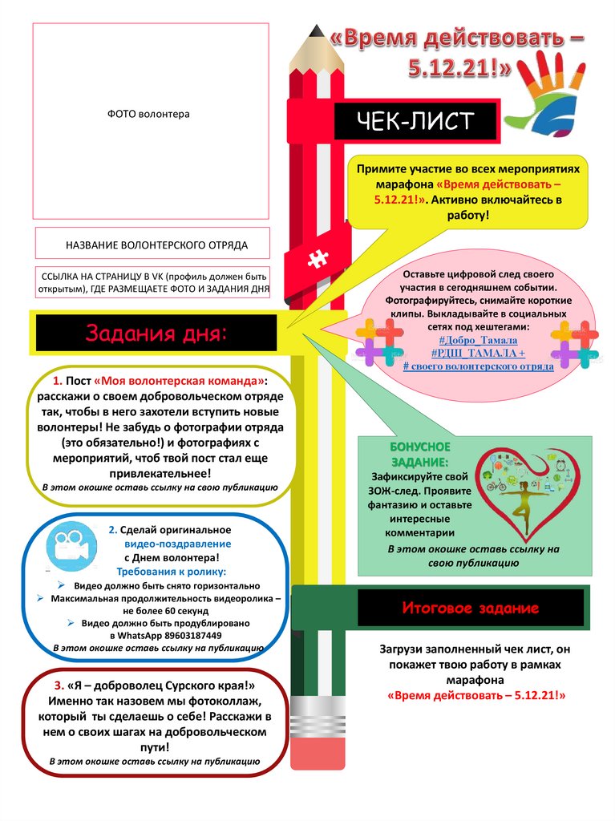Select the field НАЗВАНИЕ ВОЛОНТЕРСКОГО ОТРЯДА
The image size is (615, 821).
tap(152, 245)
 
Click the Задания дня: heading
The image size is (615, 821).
tap(156, 333)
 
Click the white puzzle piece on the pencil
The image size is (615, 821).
tap(318, 259)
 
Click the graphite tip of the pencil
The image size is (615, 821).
tap(315, 33)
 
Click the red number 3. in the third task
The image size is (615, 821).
tap(60, 686)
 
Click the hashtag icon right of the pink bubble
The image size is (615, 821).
tap(574, 344)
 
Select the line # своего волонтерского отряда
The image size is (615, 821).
tap(478, 366)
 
